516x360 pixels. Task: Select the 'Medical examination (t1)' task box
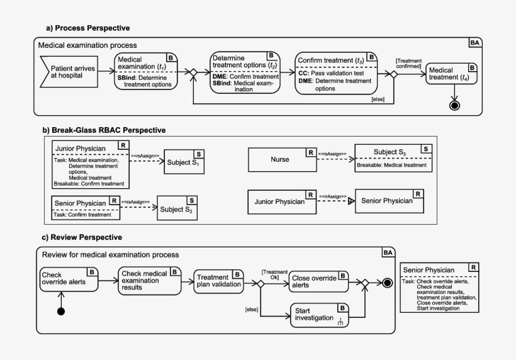coord(145,72)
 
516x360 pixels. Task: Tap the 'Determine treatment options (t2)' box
coord(246,73)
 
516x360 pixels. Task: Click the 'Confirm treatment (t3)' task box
coord(337,73)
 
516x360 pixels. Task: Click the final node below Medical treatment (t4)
coord(455,105)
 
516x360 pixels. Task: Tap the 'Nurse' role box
coord(281,159)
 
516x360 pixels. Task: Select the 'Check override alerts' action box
coord(69,279)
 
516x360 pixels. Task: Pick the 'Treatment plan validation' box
coord(218,280)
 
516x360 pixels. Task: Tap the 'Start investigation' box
coord(318,315)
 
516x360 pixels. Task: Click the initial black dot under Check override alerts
coord(61,312)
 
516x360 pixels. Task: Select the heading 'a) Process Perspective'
coord(88,28)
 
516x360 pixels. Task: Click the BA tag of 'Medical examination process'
coord(476,42)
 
